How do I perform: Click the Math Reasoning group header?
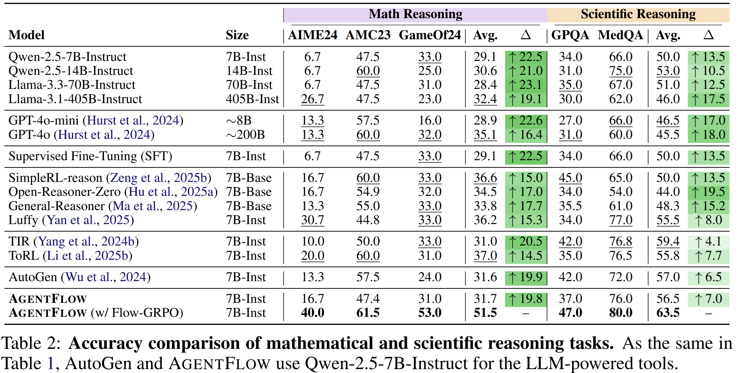(x=415, y=14)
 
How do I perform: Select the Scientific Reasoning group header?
(x=638, y=14)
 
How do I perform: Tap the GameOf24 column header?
(x=430, y=35)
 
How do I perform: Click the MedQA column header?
(x=620, y=35)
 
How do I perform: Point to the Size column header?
(x=237, y=35)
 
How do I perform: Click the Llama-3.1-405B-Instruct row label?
(x=75, y=99)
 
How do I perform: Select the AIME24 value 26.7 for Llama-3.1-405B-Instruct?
(x=313, y=99)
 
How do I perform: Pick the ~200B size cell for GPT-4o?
(x=245, y=135)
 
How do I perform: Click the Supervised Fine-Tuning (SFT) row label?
(x=90, y=156)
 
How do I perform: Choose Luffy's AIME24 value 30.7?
(x=313, y=220)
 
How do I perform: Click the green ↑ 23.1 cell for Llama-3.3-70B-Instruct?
(x=526, y=85)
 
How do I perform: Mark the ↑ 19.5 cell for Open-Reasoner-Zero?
(x=708, y=192)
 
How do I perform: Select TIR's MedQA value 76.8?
(x=620, y=241)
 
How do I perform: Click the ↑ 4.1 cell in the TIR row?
(x=708, y=241)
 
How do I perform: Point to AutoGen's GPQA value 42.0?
(x=570, y=277)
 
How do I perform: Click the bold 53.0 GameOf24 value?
(x=430, y=313)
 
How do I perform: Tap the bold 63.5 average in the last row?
(x=668, y=313)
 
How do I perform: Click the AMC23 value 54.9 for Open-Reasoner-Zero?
(x=368, y=192)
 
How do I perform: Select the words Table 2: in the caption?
(x=31, y=343)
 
